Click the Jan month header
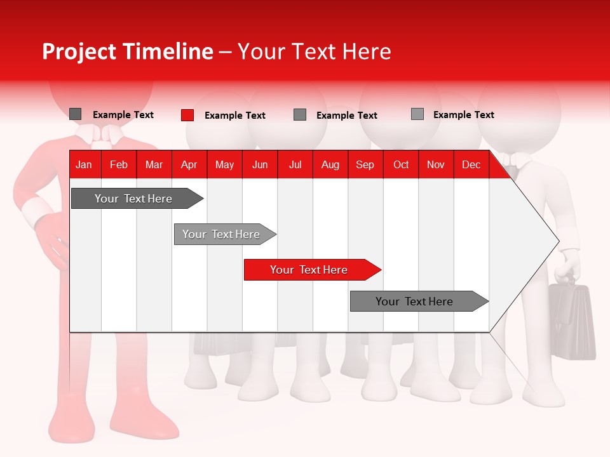[84, 165]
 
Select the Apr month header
[189, 165]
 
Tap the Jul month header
[295, 165]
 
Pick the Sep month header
[365, 165]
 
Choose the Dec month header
[471, 165]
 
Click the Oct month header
[400, 165]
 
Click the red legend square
[187, 115]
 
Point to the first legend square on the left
[75, 114]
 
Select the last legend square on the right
[417, 114]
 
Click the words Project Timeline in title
[127, 51]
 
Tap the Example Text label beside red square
[234, 116]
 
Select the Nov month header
[436, 165]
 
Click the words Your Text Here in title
[315, 51]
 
